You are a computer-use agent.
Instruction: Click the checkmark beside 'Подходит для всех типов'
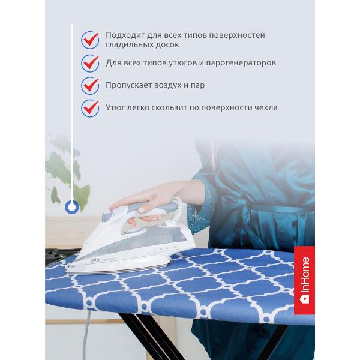[x=90, y=40]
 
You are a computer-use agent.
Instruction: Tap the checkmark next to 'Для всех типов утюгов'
[x=90, y=62]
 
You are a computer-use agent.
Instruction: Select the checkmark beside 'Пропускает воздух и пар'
[x=90, y=85]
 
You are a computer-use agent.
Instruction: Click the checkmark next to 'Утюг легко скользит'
[x=90, y=108]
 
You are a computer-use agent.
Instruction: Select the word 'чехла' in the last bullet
[x=265, y=108]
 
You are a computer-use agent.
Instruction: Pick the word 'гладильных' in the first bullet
[x=128, y=45]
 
